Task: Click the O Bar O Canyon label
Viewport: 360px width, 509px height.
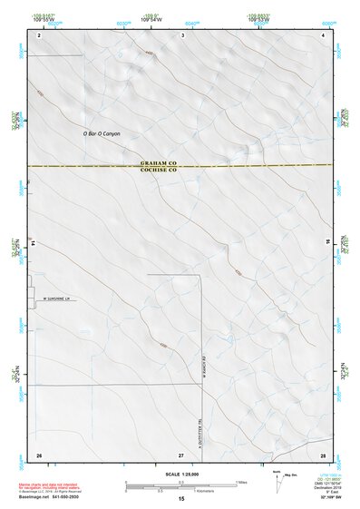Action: coord(101,134)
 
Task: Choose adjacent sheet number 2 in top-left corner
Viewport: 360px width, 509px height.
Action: coord(40,34)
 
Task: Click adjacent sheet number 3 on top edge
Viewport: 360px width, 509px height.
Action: coord(183,34)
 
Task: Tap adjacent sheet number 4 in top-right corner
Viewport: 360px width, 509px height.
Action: coord(324,34)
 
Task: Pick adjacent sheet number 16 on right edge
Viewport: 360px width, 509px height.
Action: coord(328,244)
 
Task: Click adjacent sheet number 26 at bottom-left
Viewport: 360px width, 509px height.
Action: coord(39,454)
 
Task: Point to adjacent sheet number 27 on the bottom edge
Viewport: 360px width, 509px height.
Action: coord(181,454)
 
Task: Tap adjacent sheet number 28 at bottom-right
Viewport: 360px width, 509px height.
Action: coord(323,454)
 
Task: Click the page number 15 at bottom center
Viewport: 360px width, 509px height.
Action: coord(181,500)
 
